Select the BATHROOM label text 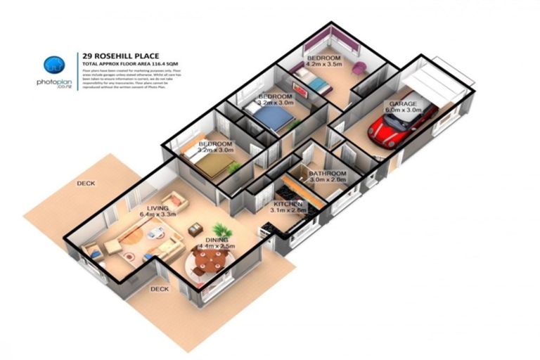click(x=328, y=173)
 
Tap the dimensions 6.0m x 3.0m click(x=402, y=110)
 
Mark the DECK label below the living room click(x=159, y=288)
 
